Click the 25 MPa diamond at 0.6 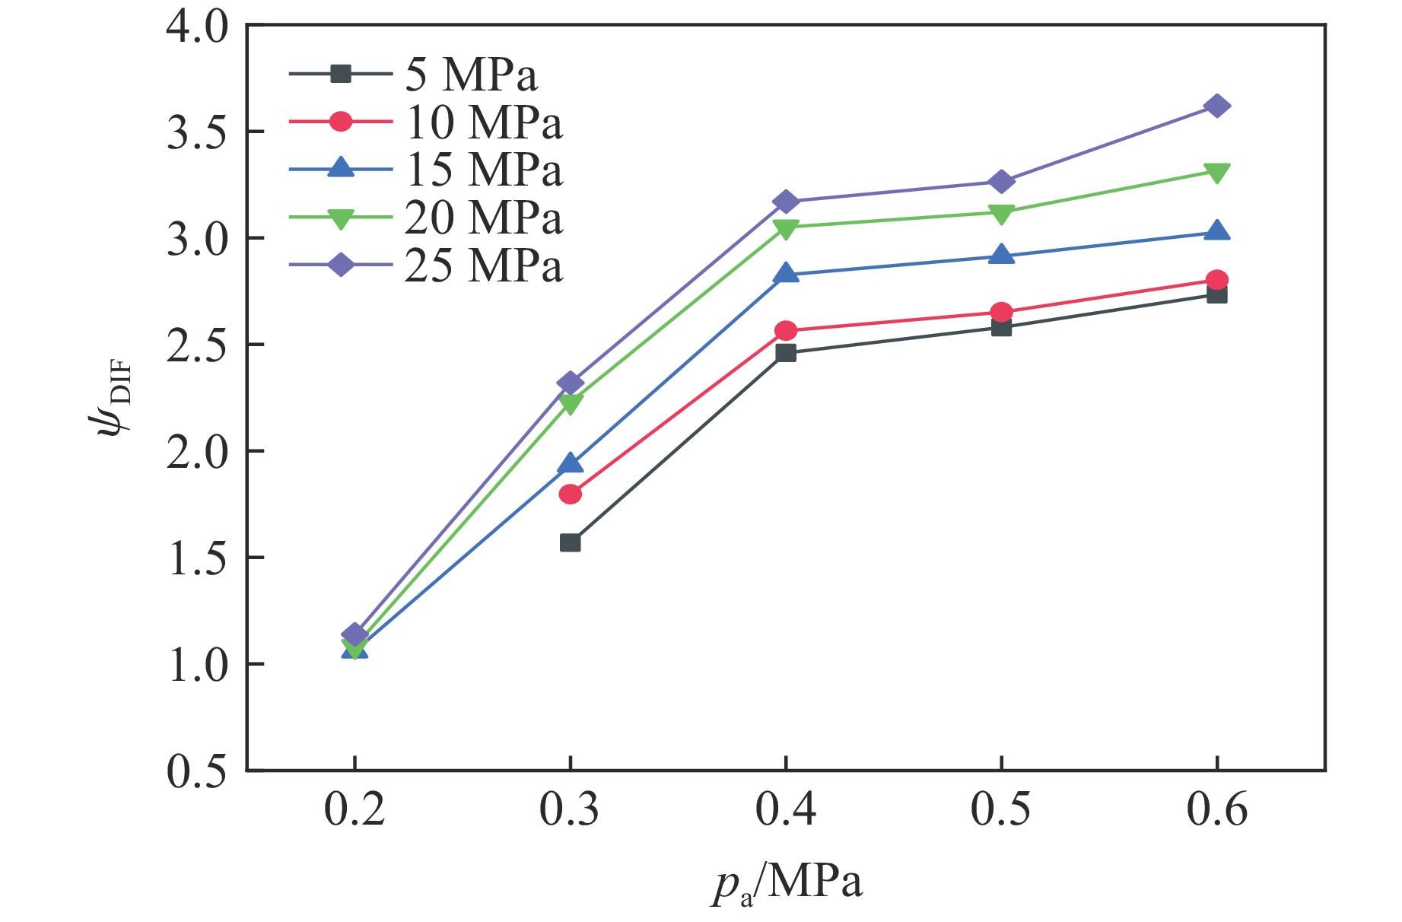[x=1216, y=106]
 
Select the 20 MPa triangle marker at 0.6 [x=1216, y=173]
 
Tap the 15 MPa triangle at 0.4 [x=786, y=274]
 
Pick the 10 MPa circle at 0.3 [x=571, y=494]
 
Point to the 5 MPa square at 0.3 [x=571, y=542]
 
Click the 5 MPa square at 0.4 [x=786, y=353]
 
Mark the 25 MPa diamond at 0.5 [x=1001, y=182]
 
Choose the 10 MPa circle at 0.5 [x=1001, y=313]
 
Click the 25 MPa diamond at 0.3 [x=571, y=383]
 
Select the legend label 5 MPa [x=471, y=75]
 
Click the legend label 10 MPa [x=484, y=122]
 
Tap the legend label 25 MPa [x=484, y=265]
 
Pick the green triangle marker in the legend [x=341, y=219]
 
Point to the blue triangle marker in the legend [x=341, y=168]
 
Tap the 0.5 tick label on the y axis [x=197, y=771]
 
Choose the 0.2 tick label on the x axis [x=354, y=809]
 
